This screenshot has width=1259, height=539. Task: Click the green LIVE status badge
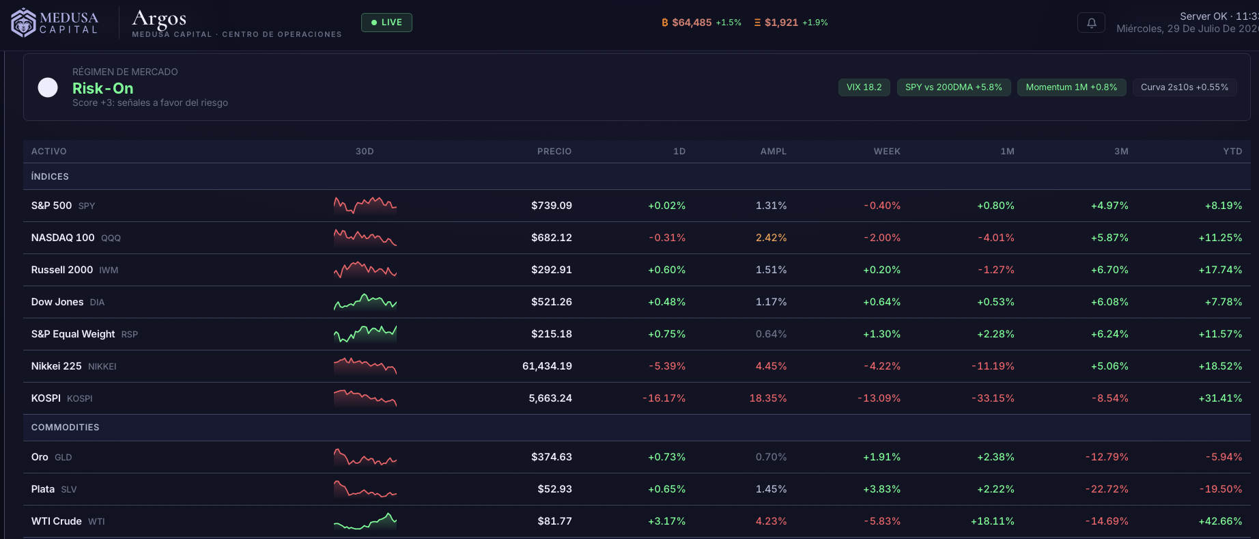coord(386,23)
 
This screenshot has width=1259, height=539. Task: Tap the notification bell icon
coord(1091,23)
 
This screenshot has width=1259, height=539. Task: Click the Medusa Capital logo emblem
coord(24,23)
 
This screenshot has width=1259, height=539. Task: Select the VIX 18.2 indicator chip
coord(864,87)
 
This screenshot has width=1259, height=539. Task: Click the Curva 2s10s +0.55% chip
coord(1184,87)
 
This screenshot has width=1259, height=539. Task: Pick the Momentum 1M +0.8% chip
coord(1071,87)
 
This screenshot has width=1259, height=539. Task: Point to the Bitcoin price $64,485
coord(692,23)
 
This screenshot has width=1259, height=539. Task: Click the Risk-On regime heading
coord(103,88)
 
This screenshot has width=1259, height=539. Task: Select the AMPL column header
coord(774,152)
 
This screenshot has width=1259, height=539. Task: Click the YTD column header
coord(1232,152)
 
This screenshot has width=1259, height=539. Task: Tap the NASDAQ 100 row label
coord(63,238)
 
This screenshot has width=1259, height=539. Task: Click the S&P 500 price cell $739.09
coord(552,206)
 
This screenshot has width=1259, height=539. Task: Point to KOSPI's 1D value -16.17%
coord(664,398)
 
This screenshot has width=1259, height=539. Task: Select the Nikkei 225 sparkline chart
coord(365,366)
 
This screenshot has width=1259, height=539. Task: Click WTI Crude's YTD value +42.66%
coord(1220,521)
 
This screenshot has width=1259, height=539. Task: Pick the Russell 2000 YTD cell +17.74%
coord(1220,270)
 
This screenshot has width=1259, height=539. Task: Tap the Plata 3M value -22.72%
coord(1107,489)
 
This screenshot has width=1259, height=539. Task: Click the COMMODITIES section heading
coord(66,428)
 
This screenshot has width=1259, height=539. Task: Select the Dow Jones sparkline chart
coord(365,302)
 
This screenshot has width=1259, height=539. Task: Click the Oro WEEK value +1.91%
coord(881,457)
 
